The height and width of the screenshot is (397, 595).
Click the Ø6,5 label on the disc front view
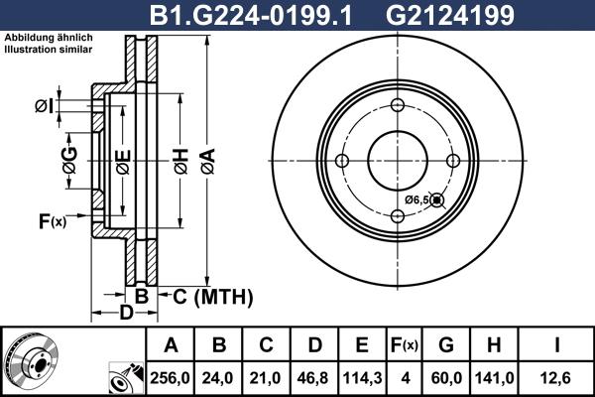click(x=416, y=200)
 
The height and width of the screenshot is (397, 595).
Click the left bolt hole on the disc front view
click(x=342, y=162)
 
